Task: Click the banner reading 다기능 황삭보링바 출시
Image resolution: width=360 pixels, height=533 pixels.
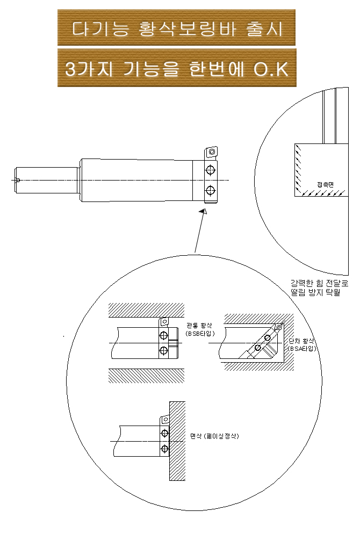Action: coord(176,28)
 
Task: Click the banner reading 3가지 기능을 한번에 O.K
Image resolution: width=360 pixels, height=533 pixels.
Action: coord(176,68)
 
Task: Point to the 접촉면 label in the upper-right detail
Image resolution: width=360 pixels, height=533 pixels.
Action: coord(325,184)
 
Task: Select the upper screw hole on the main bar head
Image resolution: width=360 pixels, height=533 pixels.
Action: coord(210,170)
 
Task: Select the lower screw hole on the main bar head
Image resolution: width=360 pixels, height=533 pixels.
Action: coord(210,190)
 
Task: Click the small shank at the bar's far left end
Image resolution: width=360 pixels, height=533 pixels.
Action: coord(18,180)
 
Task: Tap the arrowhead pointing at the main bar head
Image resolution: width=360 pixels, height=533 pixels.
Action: coord(203,213)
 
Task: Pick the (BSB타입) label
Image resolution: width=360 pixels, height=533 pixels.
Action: coord(199,334)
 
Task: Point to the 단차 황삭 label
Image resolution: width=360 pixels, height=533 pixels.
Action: coord(301,341)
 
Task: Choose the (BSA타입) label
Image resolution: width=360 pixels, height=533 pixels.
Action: coord(302,349)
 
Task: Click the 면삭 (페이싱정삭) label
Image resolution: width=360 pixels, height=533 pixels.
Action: coord(214,436)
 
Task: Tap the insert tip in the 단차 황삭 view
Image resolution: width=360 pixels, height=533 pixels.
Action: coord(278,327)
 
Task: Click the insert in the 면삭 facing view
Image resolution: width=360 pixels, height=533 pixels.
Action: coord(164,421)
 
